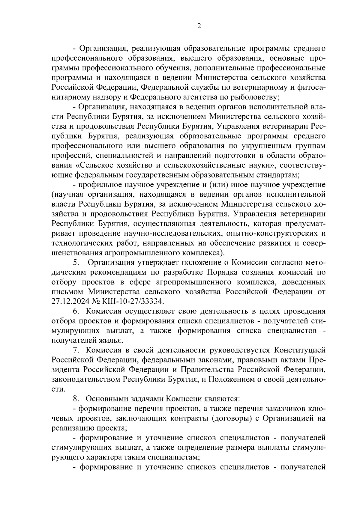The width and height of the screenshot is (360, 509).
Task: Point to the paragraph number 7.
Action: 76,350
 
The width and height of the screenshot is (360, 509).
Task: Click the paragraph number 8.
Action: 76,399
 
